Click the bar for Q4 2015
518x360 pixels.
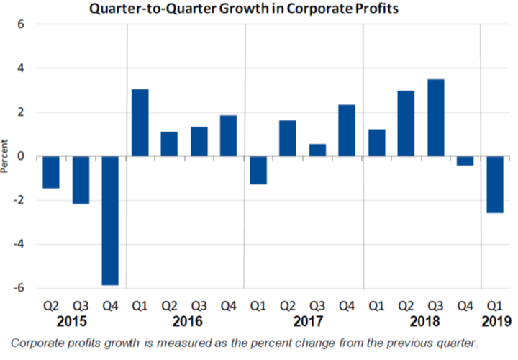[110, 220]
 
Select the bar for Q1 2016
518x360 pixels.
[140, 122]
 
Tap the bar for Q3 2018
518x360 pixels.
[436, 117]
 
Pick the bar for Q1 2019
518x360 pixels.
[495, 184]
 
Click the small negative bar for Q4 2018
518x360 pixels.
[465, 161]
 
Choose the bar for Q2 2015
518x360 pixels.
[50, 172]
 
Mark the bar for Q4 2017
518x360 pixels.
[347, 130]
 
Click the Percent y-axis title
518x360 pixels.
[6, 156]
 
